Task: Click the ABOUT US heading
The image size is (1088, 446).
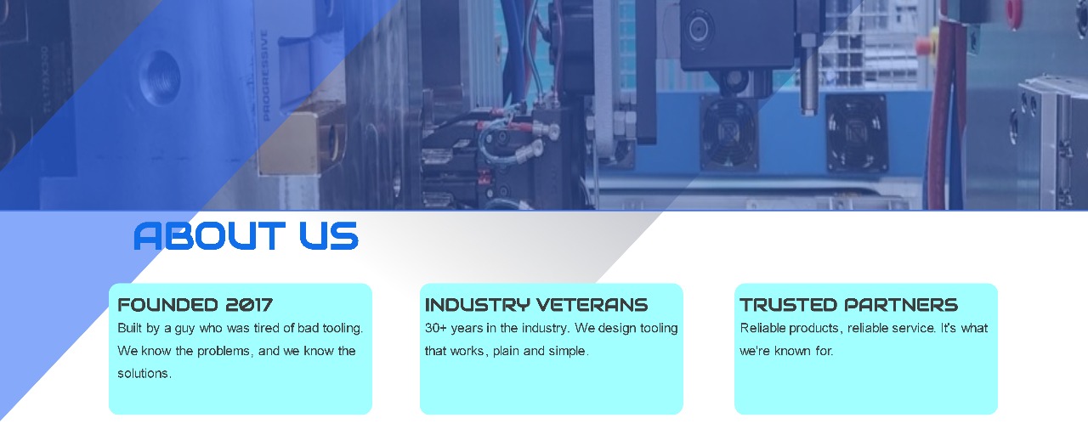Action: pos(246,236)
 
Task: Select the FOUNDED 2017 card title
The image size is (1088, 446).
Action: pos(195,305)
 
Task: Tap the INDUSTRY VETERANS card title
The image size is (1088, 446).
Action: pos(536,305)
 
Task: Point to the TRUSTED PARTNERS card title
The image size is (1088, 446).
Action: pos(848,305)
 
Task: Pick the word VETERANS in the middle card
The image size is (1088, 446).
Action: pos(592,305)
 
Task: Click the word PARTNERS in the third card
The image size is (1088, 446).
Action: pos(901,305)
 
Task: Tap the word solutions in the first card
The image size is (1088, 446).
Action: pos(144,374)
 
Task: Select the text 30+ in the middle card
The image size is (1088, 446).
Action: pos(436,329)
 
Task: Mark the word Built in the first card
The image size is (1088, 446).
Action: pos(130,329)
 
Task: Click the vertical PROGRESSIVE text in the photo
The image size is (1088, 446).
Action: pos(265,76)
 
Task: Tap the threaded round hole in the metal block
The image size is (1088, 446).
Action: pos(160,77)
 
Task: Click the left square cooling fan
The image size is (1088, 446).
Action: pos(728,132)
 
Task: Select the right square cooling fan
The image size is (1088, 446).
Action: pos(855,133)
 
